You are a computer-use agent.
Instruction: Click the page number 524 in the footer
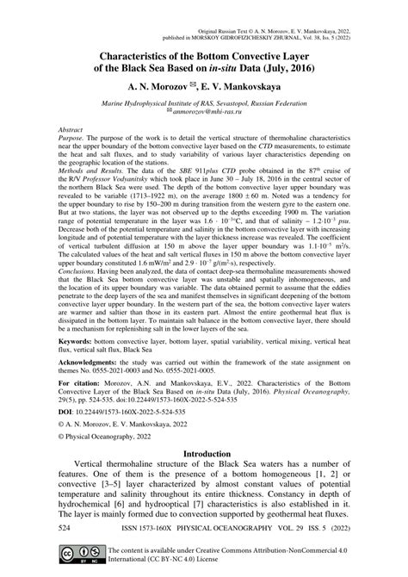(40, 524)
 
